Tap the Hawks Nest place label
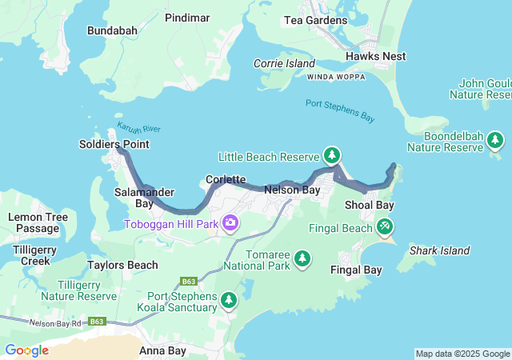(376, 56)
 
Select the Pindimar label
(187, 17)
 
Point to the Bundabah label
(113, 30)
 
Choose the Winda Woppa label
(335, 77)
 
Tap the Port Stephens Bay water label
(340, 110)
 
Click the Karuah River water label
(138, 129)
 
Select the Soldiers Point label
(114, 144)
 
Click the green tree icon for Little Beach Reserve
(332, 155)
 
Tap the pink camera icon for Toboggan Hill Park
(231, 223)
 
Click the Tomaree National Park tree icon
(302, 258)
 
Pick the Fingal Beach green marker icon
(385, 227)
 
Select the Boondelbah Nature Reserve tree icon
(495, 141)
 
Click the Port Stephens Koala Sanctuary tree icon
(229, 300)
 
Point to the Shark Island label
(439, 250)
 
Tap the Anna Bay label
(162, 350)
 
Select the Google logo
(26, 350)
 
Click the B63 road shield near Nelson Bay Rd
(97, 322)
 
